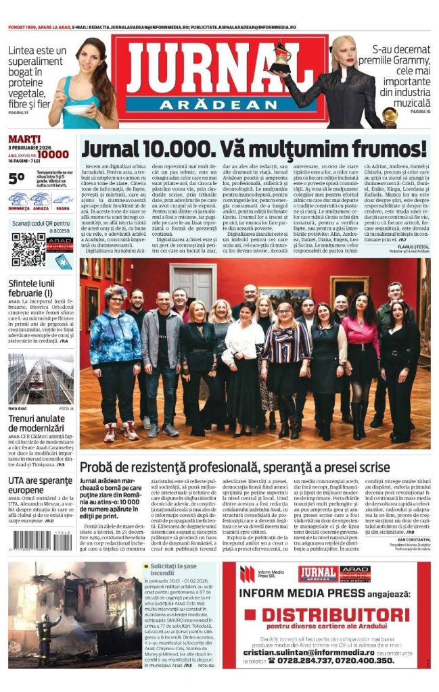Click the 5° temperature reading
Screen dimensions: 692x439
18,178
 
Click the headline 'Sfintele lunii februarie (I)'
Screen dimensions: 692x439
39,289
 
